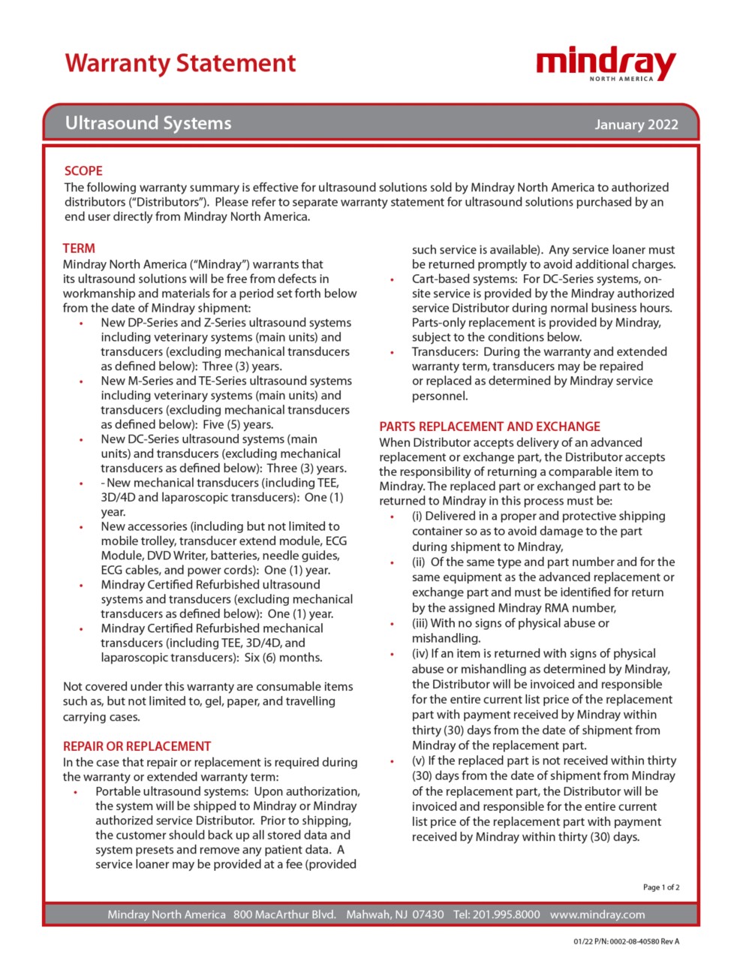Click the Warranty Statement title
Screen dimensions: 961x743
(180, 63)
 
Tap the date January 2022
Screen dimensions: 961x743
(636, 125)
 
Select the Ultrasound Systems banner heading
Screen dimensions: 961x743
(148, 123)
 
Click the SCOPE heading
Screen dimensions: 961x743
(83, 170)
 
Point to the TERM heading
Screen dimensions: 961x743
(79, 248)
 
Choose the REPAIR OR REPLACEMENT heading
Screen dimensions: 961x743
(137, 746)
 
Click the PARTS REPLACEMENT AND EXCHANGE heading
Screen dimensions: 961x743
(489, 426)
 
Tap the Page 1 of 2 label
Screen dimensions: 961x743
(660, 887)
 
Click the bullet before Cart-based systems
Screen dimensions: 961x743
(392, 279)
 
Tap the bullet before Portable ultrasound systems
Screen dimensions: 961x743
(76, 792)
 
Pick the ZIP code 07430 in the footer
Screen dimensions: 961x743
(429, 914)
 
